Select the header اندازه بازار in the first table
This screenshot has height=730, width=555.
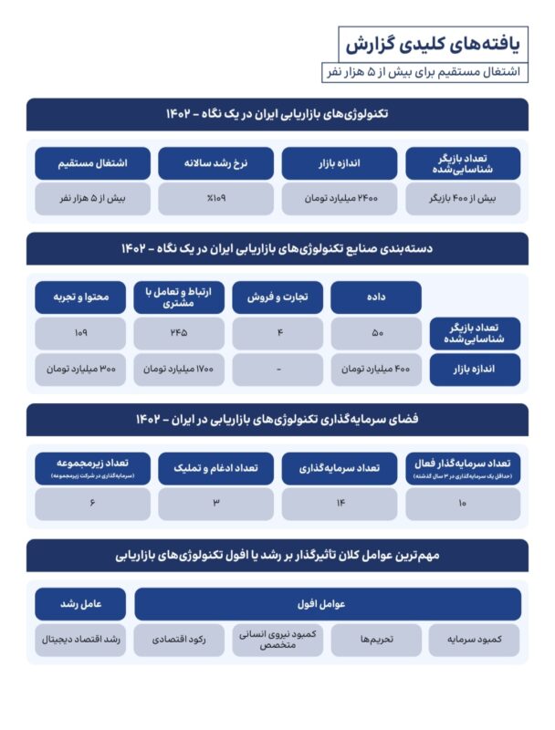click(340, 163)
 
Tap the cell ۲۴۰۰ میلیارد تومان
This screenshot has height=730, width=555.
click(340, 198)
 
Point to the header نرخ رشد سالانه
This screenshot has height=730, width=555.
click(216, 163)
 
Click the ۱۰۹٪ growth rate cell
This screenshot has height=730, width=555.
click(216, 198)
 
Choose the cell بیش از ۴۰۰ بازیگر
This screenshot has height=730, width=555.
click(463, 198)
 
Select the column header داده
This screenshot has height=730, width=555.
click(376, 297)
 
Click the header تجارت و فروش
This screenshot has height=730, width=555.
click(277, 297)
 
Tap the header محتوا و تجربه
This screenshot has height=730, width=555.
click(81, 297)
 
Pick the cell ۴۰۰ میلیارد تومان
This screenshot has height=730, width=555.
click(376, 369)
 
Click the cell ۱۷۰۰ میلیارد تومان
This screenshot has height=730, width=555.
click(179, 369)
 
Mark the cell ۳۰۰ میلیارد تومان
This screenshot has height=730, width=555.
click(81, 369)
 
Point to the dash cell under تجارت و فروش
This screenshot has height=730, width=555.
click(277, 369)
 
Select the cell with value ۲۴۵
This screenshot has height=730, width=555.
click(179, 333)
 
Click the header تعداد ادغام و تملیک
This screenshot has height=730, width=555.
click(216, 468)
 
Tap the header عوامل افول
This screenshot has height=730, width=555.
click(328, 603)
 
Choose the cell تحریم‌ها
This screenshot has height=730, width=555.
click(376, 640)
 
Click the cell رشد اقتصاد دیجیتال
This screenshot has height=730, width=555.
click(81, 640)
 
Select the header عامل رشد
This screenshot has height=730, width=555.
click(81, 603)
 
